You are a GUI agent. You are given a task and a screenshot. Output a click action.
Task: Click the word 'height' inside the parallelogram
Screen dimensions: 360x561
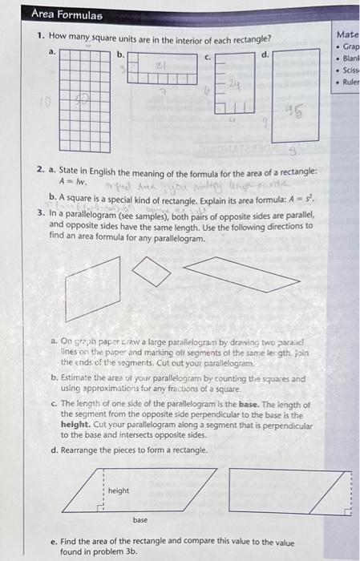pyautogui.click(x=119, y=490)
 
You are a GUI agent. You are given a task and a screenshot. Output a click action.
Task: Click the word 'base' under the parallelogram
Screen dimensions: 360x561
pyautogui.click(x=140, y=519)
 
